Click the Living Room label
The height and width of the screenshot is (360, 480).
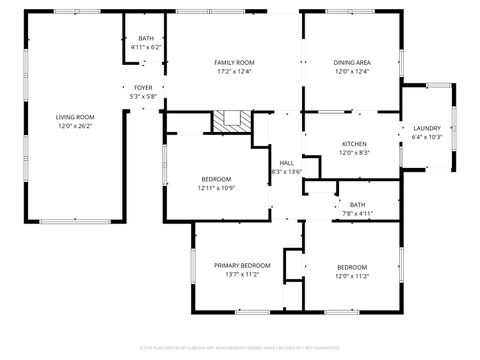74,118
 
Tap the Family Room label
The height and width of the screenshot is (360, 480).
233,63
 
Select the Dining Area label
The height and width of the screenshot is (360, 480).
351,63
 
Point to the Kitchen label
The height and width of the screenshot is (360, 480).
355,144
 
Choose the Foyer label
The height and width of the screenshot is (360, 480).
143,88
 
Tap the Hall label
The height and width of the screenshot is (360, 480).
286,162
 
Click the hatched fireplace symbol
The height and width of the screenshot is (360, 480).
231,120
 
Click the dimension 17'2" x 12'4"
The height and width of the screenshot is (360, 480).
233,72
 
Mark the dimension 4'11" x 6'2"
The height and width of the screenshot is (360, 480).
145,47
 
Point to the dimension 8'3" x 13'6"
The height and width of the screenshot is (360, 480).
286,171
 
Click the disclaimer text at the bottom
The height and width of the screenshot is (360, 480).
240,349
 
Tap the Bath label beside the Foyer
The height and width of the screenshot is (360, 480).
145,38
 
